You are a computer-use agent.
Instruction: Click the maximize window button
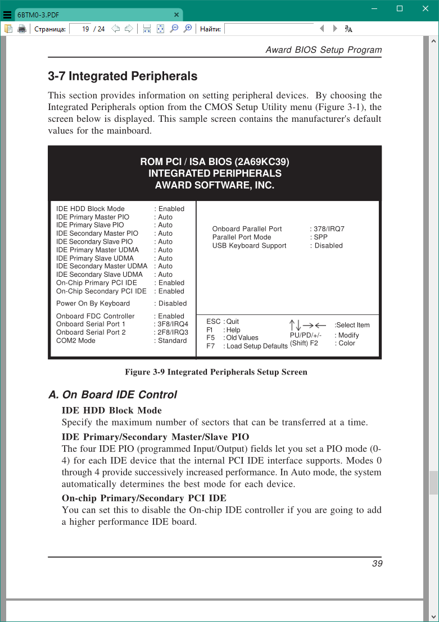400,8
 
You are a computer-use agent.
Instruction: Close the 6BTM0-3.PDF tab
176,15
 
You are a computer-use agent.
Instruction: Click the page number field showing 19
80,29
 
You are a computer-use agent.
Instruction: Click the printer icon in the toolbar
22,29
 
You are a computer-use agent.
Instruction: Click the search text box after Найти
269,29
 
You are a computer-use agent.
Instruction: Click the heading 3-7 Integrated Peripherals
123,76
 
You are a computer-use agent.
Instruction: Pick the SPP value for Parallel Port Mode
321,237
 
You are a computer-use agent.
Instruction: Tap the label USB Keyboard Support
249,246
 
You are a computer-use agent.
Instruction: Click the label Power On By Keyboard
93,304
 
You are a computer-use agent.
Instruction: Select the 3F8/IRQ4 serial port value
173,324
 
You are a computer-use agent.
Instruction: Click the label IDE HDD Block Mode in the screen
90,209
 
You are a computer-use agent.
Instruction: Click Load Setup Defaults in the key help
257,346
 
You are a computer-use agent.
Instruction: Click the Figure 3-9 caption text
216,372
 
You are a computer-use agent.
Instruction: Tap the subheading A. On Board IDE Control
112,395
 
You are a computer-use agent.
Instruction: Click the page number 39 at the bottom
377,563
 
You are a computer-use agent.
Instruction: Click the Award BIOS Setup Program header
323,50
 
